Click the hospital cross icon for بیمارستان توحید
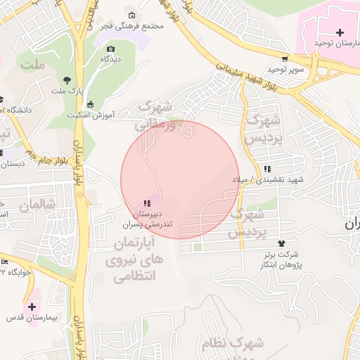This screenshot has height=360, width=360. pos(340,32)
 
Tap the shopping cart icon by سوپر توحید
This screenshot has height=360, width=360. pos(284,59)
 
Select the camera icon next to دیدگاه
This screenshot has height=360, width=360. pos(110,49)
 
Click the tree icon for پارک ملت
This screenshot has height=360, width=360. pos(67,79)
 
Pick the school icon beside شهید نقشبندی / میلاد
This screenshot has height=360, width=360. pos(268,169)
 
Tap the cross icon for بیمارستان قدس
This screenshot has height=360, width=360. pos(32,307)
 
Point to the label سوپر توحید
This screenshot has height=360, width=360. pos(285,70)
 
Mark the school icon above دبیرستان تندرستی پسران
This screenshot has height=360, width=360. pos(146,203)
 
